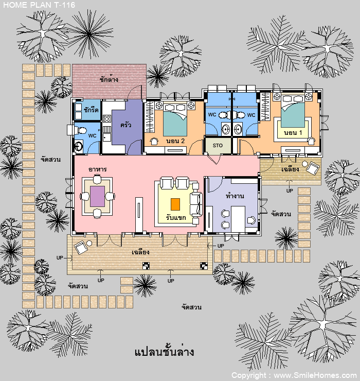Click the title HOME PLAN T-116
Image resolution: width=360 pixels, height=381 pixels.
[39, 5]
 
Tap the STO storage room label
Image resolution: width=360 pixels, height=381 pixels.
[218, 146]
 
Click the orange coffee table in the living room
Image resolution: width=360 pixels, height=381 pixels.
[175, 204]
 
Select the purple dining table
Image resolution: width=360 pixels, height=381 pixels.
[97, 196]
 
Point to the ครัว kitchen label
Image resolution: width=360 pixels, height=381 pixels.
[126, 125]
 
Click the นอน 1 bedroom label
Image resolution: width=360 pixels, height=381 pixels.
[293, 133]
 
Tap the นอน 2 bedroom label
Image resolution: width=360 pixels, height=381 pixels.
[175, 141]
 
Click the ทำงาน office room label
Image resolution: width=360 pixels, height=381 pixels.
[235, 196]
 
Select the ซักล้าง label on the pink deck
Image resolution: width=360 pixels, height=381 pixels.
[109, 79]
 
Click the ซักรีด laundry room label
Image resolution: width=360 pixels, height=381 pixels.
[91, 110]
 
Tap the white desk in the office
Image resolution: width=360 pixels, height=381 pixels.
[238, 219]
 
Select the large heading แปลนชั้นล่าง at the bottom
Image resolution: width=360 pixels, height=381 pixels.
[165, 352]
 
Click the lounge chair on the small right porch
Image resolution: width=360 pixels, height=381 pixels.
[313, 168]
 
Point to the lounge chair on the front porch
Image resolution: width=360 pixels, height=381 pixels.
[81, 247]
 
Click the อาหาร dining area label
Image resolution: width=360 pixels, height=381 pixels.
[98, 169]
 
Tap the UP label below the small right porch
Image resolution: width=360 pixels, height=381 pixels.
[290, 190]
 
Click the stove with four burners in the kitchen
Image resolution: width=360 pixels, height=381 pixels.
[107, 118]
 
